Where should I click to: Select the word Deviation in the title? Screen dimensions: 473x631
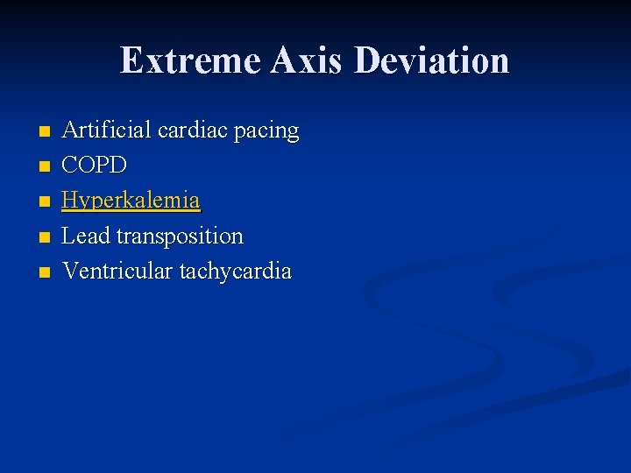pos(432,61)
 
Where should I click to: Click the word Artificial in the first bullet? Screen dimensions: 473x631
pos(107,131)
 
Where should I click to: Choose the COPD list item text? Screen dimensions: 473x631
pos(95,166)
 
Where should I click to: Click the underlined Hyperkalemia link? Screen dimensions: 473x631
pos(131,201)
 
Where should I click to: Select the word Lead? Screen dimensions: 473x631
pos(86,236)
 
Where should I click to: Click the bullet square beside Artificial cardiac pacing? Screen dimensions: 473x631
pos(45,132)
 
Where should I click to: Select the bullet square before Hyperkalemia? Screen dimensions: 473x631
pos(45,202)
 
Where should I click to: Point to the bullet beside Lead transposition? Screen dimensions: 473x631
pos(45,237)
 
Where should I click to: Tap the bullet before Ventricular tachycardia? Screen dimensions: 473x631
pos(45,272)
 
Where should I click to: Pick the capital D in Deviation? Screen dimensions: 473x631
pos(369,61)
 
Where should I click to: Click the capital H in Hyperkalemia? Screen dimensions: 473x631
pos(70,201)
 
